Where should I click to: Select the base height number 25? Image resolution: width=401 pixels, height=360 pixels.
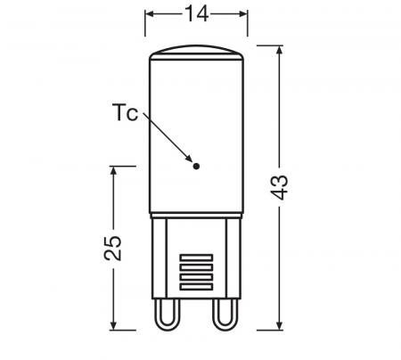113,248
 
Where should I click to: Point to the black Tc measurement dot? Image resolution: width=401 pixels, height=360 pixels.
196,164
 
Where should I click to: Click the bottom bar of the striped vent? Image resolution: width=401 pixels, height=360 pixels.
196,288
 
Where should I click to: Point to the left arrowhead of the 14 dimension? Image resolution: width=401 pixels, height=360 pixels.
151,15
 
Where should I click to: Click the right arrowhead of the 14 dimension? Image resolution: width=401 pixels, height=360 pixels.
241,15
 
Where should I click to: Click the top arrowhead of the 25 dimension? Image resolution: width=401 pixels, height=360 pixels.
113,170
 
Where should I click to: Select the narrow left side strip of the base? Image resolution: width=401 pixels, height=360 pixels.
157,258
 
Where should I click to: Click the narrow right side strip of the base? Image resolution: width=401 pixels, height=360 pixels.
235,258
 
